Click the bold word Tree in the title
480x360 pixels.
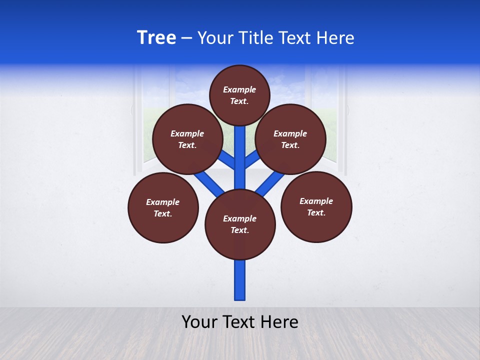pos(156,37)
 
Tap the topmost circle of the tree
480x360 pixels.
pos(239,95)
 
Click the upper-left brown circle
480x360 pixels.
pos(187,139)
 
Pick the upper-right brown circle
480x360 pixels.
pos(290,139)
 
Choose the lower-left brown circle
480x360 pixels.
pos(163,207)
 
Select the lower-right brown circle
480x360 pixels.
pos(316,206)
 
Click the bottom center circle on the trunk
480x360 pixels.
pos(240,224)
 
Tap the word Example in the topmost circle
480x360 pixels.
pos(239,89)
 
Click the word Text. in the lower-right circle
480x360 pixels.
pos(316,212)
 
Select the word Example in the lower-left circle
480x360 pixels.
pos(163,202)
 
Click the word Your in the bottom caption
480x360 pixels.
pos(198,322)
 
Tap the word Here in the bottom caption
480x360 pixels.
pos(279,322)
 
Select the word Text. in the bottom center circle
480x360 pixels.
pos(239,230)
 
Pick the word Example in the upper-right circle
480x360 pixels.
pos(290,133)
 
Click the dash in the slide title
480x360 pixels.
pos(186,38)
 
